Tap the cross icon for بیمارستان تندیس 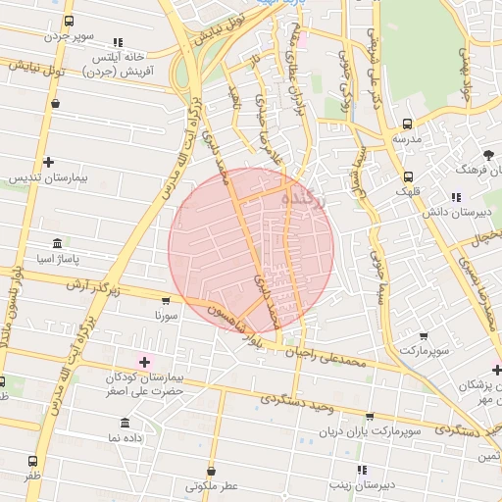click(x=48, y=162)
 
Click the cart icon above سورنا click(x=165, y=301)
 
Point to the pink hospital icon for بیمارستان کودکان click(x=144, y=363)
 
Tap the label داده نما click(x=125, y=437)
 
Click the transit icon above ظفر click(x=33, y=461)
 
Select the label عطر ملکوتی click(x=211, y=485)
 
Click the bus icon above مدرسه click(x=407, y=125)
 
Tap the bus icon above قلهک click(x=407, y=176)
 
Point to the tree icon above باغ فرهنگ click(x=487, y=155)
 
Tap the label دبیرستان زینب click(x=362, y=484)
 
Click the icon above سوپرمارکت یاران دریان click(x=369, y=416)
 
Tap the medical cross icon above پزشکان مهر click(x=496, y=370)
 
